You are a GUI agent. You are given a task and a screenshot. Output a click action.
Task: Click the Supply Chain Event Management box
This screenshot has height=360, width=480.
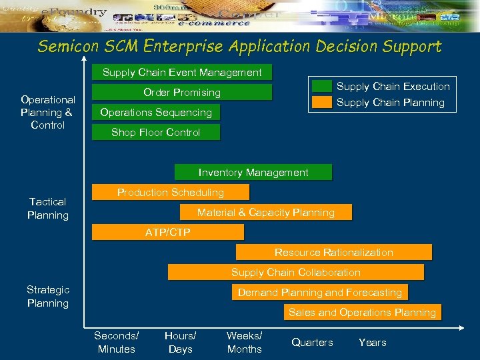coord(182,72)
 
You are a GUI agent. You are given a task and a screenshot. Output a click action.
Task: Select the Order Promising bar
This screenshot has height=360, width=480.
coord(182,92)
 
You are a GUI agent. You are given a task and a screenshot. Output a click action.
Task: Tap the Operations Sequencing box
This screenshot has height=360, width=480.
coord(156,112)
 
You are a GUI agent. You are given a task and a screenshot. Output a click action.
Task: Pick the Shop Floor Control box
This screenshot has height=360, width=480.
coord(155,132)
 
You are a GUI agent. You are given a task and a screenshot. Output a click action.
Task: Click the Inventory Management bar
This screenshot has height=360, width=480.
coord(253,172)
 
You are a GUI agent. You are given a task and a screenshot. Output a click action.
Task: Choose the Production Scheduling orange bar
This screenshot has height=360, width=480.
coord(171,192)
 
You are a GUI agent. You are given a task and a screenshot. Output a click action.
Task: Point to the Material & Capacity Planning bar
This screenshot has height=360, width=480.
coord(265,212)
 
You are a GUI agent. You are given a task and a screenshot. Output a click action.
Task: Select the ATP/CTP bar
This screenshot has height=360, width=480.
coord(168,232)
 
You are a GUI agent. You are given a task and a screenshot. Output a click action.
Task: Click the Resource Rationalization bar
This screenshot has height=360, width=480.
coord(333,252)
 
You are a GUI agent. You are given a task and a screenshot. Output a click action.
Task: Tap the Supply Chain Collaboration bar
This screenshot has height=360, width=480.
coord(295,272)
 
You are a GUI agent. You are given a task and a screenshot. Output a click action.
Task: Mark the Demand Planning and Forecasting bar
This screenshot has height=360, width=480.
coord(319,292)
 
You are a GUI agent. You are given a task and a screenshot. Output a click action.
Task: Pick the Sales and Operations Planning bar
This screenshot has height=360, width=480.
coord(361,312)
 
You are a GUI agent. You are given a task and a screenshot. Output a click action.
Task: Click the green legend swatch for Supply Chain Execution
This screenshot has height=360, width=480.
coord(323,86)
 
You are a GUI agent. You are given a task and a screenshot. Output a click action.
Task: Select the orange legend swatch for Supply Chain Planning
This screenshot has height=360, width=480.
coord(323,102)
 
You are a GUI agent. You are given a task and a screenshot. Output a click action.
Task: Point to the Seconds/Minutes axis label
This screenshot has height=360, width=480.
coord(116,342)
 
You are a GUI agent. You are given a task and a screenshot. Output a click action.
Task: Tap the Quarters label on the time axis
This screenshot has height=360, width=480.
coord(312,342)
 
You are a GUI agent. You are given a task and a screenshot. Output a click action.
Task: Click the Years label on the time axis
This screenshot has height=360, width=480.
coord(372,342)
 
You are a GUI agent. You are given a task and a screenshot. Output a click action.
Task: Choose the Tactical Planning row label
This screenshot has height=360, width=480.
coord(48,208)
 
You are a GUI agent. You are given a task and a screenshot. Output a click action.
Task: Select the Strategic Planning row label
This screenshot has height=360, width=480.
coord(48,296)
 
